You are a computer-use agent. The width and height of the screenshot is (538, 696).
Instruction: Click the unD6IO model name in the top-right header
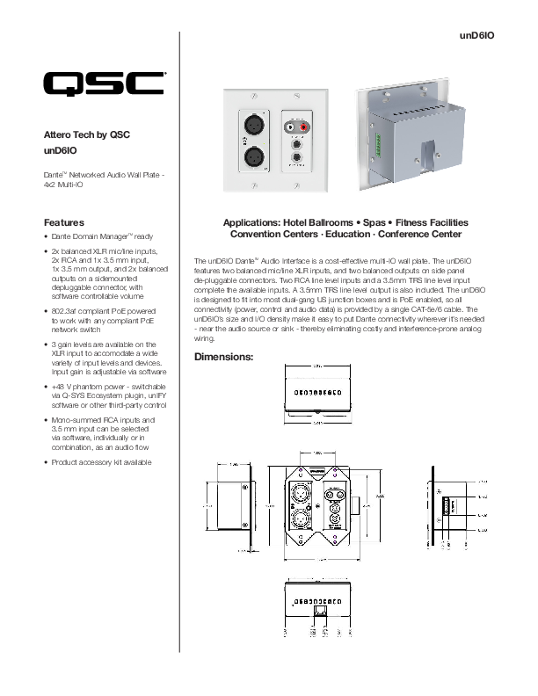[478, 35]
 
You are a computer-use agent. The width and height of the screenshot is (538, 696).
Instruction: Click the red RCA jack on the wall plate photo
[305, 127]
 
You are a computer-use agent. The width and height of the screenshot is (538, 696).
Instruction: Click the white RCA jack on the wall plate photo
[291, 127]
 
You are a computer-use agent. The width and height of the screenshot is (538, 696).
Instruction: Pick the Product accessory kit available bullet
[101, 462]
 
